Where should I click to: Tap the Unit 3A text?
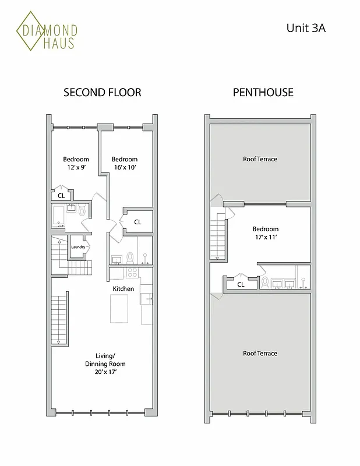click(305, 27)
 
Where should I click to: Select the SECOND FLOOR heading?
click(102, 92)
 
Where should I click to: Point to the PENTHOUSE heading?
click(263, 92)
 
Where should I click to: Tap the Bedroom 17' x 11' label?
click(265, 233)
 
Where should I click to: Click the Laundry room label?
click(78, 247)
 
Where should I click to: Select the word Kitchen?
click(123, 289)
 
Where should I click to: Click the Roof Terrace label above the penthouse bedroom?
click(260, 159)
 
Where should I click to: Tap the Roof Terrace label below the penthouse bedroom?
click(260, 354)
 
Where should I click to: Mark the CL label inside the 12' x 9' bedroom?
click(61, 196)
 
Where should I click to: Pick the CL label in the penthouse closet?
click(241, 285)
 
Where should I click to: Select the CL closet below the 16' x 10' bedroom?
click(137, 222)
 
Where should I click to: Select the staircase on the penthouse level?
click(217, 235)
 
